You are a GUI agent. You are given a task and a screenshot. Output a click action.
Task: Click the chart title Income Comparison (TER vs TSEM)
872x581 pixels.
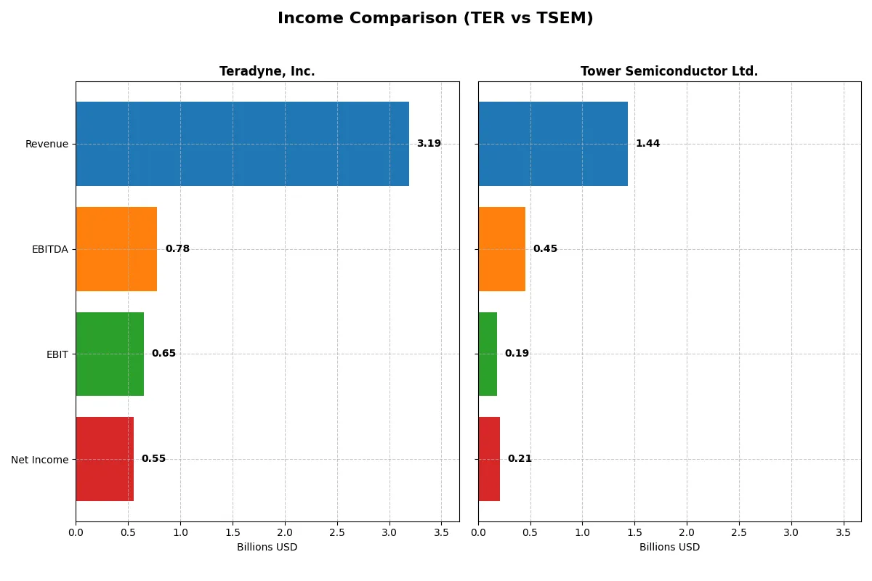coord(435,19)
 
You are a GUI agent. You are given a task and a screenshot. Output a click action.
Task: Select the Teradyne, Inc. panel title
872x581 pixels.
coord(267,71)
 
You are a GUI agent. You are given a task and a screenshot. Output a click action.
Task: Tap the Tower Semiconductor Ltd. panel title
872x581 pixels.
coord(669,71)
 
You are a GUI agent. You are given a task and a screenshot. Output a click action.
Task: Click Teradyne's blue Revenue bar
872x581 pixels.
coord(242,144)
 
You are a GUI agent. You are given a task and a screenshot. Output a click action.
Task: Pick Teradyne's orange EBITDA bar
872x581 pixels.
coord(116,249)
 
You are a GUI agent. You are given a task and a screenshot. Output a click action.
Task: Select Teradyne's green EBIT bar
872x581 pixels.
coord(110,354)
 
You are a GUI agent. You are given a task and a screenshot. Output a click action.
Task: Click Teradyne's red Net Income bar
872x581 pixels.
coord(105,459)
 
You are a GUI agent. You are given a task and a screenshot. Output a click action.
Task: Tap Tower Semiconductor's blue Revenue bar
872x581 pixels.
coord(552,144)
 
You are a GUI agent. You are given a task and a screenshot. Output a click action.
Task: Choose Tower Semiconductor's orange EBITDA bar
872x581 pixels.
coord(501,249)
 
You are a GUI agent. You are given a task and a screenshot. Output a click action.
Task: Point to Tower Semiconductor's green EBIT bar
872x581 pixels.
coord(488,354)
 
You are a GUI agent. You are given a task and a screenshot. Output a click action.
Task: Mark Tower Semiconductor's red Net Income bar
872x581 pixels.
coord(489,459)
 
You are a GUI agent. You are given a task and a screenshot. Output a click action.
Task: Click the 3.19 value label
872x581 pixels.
coord(429,144)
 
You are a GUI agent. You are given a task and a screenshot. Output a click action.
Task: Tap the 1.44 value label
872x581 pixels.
coord(647,144)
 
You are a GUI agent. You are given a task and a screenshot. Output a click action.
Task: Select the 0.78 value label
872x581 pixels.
coord(177,249)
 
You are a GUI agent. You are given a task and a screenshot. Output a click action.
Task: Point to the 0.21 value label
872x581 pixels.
coord(520,459)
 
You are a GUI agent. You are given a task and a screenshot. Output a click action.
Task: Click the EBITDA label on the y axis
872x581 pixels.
coord(49,249)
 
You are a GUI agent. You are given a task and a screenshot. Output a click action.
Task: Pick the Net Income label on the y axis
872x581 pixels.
coord(40,460)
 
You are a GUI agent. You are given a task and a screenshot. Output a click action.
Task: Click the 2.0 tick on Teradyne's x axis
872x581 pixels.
coord(285,532)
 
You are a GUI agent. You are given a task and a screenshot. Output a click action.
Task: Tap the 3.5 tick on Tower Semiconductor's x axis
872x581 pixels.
coord(843,532)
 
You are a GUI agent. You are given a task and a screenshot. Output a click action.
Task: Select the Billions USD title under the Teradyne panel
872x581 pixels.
coord(267,547)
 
